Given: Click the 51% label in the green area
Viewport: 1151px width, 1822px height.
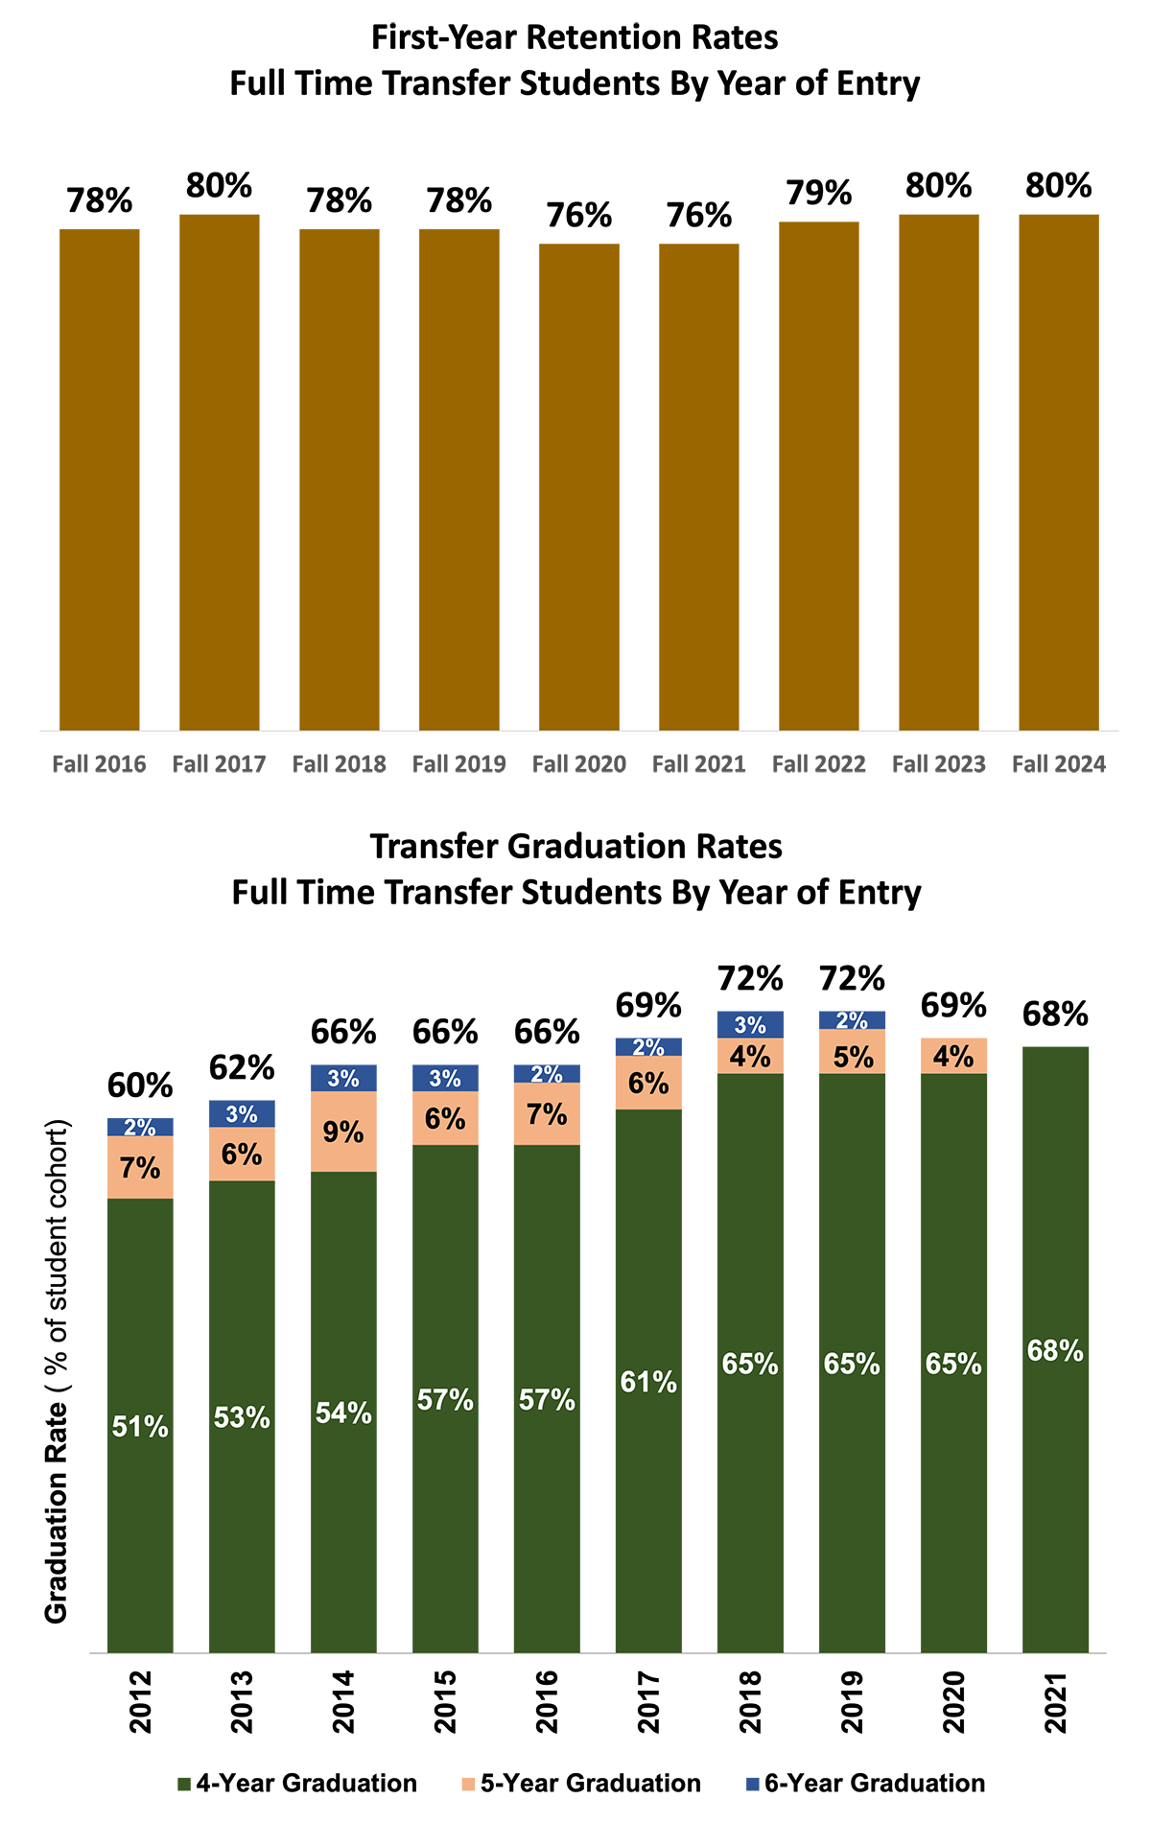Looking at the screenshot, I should [x=140, y=1427].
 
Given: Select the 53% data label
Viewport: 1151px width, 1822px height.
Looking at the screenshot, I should [x=242, y=1417].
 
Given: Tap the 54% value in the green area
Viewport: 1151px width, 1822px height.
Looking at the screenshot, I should [x=343, y=1413].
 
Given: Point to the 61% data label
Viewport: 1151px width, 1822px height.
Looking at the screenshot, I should [x=648, y=1382].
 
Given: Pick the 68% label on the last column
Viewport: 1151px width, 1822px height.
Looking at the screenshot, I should [x=1055, y=1351].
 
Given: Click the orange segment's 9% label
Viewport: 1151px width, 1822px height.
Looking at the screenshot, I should [x=343, y=1133].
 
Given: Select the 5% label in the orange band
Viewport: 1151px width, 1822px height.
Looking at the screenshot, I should [x=853, y=1057].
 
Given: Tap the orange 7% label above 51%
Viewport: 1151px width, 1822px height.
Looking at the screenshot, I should [x=140, y=1168].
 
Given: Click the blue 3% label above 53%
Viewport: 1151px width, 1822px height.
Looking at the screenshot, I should [x=242, y=1114].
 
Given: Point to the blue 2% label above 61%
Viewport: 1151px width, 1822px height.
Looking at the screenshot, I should [x=648, y=1047].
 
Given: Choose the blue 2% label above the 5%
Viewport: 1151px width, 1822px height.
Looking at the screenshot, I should [x=852, y=1020].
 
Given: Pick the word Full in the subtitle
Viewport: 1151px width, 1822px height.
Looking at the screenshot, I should [x=259, y=893].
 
